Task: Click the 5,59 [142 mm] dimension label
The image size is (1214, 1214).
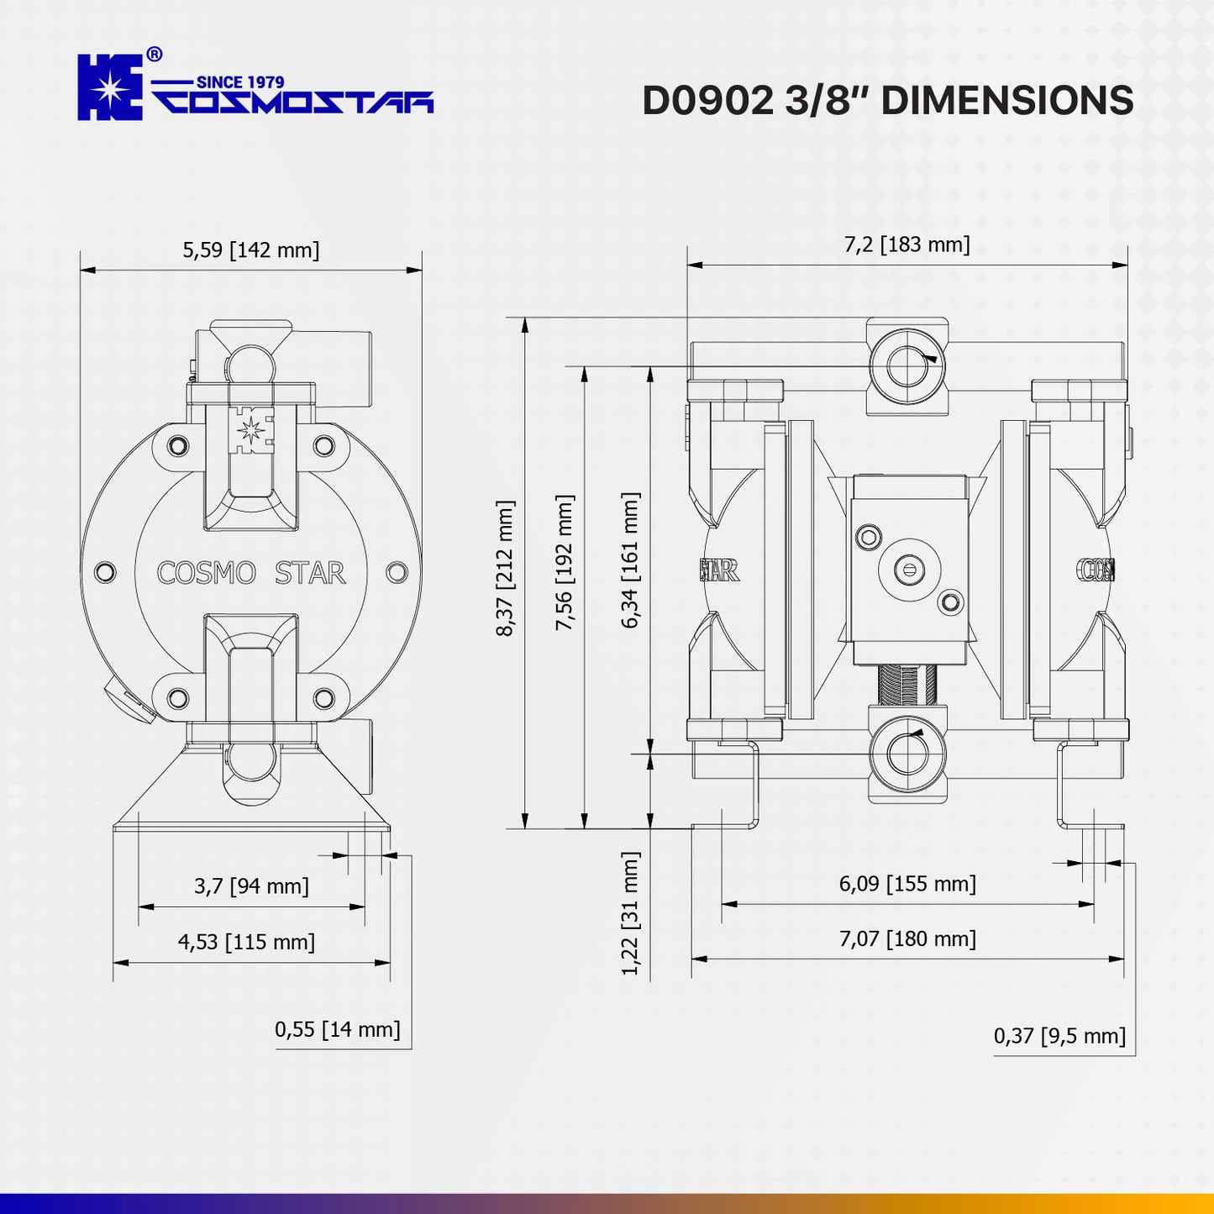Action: (251, 250)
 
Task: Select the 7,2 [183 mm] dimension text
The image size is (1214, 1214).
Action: (907, 244)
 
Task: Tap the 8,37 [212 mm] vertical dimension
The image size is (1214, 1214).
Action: (505, 568)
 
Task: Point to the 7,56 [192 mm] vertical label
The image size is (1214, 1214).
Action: (565, 562)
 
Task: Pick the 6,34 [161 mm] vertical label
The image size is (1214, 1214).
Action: (630, 560)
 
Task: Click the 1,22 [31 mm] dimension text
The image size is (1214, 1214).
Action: (630, 913)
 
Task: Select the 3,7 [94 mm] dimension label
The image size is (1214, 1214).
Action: (251, 886)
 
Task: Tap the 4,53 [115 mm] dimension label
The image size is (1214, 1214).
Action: (246, 942)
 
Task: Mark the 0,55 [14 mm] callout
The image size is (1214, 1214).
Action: (337, 1029)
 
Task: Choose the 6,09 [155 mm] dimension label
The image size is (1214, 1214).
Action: (907, 884)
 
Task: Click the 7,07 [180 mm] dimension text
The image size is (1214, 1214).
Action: (907, 938)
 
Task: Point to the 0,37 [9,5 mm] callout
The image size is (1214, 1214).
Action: (1059, 1036)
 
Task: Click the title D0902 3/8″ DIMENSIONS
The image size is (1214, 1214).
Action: (887, 100)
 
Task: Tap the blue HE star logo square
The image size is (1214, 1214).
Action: (110, 87)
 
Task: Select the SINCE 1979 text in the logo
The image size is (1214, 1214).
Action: (239, 81)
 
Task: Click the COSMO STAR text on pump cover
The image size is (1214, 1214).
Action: (251, 573)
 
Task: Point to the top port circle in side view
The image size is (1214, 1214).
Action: (907, 366)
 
